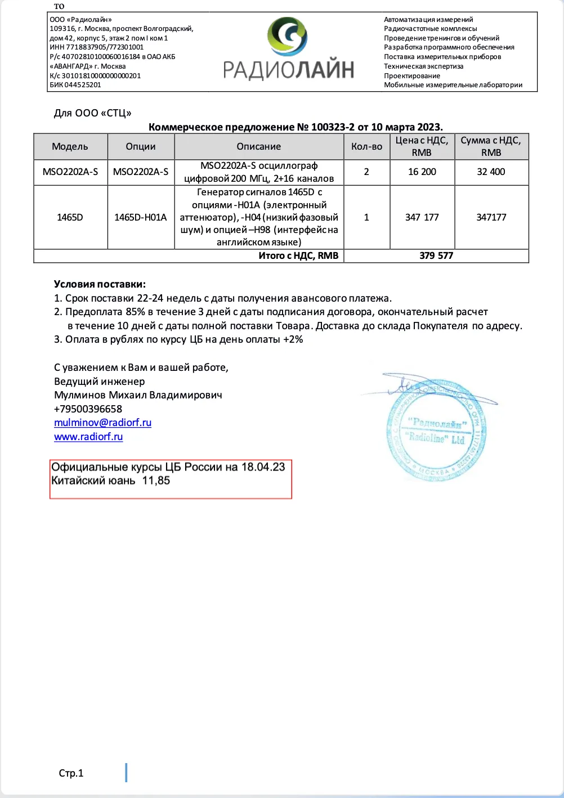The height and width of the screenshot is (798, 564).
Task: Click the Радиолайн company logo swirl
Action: coord(287,37)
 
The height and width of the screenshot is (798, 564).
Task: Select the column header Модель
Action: coord(70,146)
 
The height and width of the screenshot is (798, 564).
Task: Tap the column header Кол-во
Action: coord(366,146)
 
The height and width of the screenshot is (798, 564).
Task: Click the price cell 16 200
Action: coord(422,172)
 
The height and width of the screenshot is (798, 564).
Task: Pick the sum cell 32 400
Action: coord(491,172)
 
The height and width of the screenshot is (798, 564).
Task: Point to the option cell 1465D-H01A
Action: coord(140,217)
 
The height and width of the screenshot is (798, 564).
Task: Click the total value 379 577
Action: coord(436,255)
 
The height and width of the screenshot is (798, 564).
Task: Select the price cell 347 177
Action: coord(422,217)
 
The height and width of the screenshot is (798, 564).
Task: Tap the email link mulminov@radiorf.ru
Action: coord(102,423)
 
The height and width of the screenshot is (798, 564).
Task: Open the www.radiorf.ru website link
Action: coord(88,437)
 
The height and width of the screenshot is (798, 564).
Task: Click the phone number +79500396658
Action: coord(88,409)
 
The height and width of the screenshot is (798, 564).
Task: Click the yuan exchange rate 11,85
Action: coord(156,481)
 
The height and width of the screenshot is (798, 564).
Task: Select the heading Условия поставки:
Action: coord(100,284)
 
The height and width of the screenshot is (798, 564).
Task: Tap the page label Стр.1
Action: coord(71,773)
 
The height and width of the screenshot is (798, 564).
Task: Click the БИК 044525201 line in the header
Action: coord(75,85)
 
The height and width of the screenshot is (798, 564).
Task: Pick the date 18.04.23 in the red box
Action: coord(263,467)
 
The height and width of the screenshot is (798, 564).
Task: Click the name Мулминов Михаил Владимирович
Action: coord(138,395)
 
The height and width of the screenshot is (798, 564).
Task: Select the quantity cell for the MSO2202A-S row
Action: coord(366,172)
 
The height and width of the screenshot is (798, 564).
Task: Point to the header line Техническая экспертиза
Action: coord(423,66)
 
